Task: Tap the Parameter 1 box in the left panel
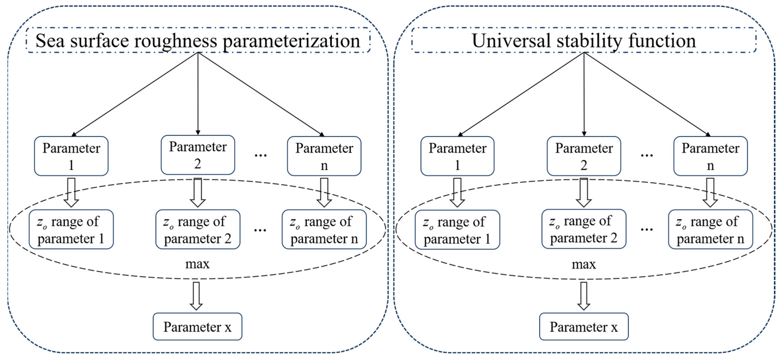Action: pos(71,156)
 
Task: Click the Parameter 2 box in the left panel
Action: pos(198,155)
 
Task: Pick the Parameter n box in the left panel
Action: pos(324,156)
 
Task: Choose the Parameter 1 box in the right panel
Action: pos(457,156)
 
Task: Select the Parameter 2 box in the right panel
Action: pos(584,156)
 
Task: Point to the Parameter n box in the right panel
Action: pos(710,156)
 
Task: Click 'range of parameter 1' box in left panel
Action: pos(71,229)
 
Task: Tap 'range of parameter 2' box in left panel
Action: pos(198,229)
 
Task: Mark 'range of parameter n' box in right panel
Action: pos(710,229)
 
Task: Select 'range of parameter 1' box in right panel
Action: pos(457,230)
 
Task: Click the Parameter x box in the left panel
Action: pos(197,327)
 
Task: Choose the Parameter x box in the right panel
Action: pos(584,327)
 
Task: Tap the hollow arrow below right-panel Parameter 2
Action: pos(583,192)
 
